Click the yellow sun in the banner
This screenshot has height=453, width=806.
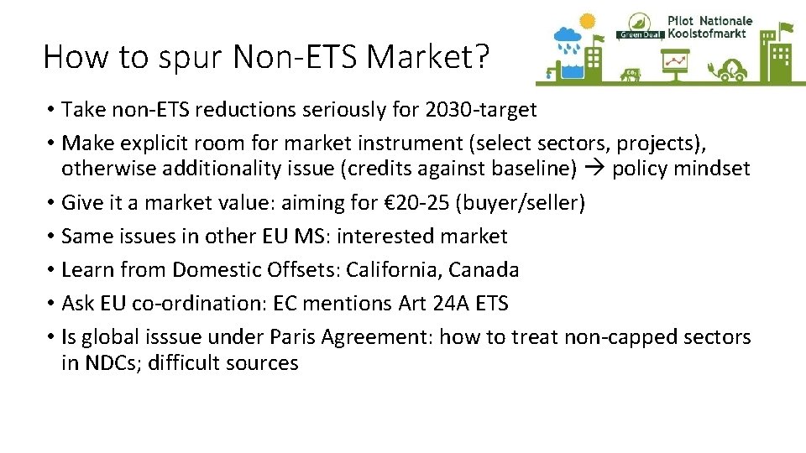(588, 20)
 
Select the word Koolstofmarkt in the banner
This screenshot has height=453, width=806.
(709, 34)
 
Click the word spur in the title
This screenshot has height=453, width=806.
(195, 56)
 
